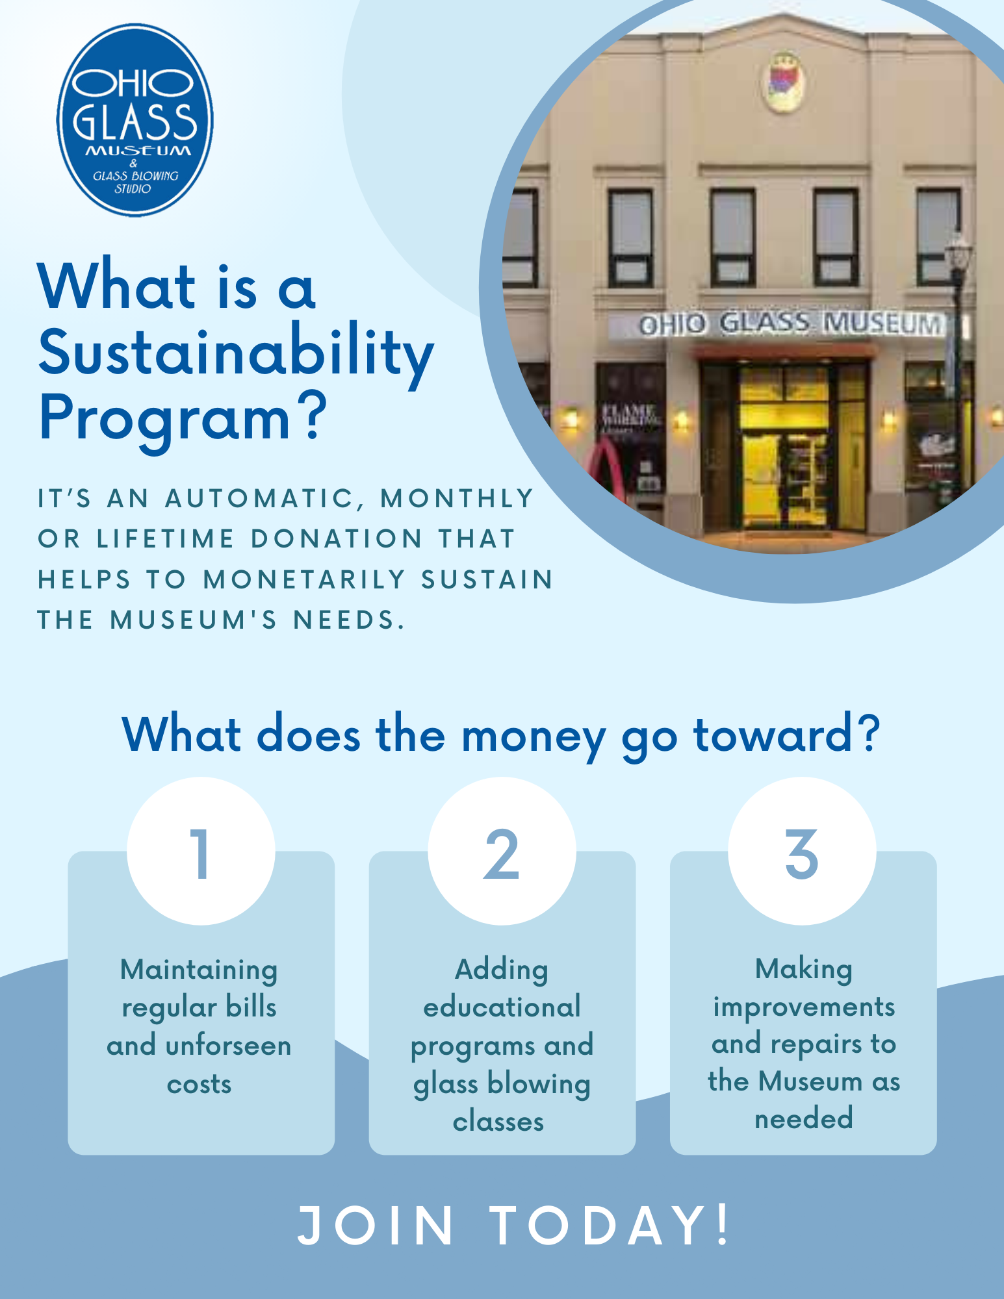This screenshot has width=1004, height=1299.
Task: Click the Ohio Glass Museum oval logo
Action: (x=135, y=120)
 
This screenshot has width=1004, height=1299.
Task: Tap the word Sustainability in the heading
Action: (x=236, y=354)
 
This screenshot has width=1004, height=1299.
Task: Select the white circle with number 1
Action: (x=201, y=851)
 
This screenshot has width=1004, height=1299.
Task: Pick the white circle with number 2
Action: (x=502, y=851)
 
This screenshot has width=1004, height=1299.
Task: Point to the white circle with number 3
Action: (x=802, y=851)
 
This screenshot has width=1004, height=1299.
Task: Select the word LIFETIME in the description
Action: (x=166, y=538)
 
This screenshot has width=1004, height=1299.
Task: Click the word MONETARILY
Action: (x=305, y=579)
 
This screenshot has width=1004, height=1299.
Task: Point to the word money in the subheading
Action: (x=533, y=736)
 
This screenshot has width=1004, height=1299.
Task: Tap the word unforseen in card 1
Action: (x=228, y=1046)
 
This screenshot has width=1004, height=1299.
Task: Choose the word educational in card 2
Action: (x=502, y=1007)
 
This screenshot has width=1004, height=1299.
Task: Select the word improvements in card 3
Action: (x=804, y=1007)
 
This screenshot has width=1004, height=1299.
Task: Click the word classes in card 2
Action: (x=498, y=1122)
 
